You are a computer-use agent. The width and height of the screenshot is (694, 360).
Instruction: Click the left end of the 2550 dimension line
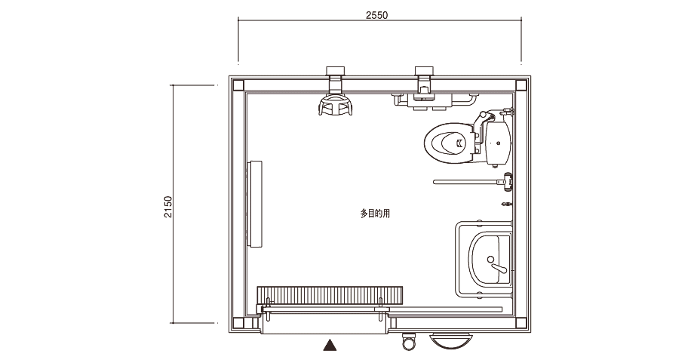tap(238, 20)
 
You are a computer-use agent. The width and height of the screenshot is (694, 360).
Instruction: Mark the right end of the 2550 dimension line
tap(521, 20)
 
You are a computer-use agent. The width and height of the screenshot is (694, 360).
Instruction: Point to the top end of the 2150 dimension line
tap(173, 85)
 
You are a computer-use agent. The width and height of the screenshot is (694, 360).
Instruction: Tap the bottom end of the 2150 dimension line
tap(173, 323)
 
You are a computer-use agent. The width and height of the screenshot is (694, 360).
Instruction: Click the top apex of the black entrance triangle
tap(330, 340)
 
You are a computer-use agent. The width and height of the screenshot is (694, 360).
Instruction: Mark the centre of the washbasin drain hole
tap(490, 259)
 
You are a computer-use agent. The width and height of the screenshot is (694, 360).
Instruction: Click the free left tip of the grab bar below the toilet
tap(435, 182)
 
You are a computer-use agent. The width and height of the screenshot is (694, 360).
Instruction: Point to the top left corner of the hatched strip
tap(257, 287)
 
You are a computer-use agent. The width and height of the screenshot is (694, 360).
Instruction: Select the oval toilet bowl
tap(448, 143)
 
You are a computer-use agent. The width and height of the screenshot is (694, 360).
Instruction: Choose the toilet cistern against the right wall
tap(499, 142)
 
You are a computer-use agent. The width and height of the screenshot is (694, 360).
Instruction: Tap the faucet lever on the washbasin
tap(499, 268)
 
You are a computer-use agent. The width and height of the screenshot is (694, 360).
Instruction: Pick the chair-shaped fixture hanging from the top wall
tap(336, 105)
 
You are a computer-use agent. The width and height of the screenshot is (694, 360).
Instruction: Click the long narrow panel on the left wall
tap(255, 204)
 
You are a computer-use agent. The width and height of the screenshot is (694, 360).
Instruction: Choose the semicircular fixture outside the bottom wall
tap(450, 341)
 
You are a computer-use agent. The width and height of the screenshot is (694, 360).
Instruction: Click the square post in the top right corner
tap(521, 85)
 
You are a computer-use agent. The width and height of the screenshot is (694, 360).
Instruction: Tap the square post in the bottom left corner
tap(238, 323)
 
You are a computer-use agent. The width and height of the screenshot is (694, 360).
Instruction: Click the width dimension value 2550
tap(376, 15)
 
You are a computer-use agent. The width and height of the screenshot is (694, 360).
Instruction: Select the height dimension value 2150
tap(167, 207)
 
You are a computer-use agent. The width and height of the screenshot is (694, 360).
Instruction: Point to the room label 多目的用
tap(375, 214)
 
